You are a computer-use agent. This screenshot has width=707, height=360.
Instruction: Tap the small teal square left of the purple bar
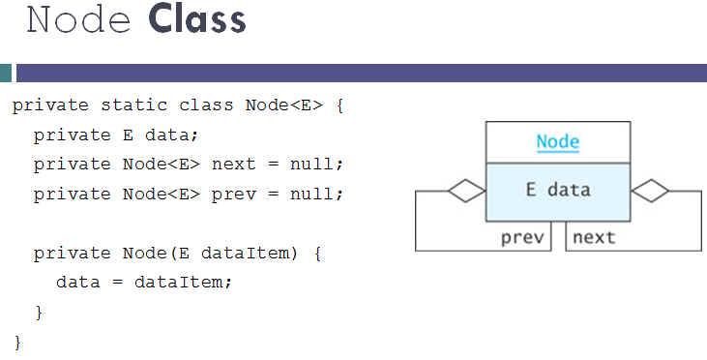point(6,73)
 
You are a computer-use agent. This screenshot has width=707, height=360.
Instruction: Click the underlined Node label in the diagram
point(557,142)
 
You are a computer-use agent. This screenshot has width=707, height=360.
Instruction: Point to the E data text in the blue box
point(557,190)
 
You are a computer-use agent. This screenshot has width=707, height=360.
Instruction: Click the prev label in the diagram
point(522,236)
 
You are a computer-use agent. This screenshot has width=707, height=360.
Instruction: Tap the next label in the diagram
point(593,236)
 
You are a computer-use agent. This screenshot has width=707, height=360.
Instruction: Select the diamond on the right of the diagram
point(649,191)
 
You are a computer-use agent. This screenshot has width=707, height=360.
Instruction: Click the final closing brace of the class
point(16,342)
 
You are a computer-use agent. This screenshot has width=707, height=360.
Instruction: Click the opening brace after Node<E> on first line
point(339,105)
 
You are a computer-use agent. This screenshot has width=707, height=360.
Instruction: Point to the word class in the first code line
point(200,105)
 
